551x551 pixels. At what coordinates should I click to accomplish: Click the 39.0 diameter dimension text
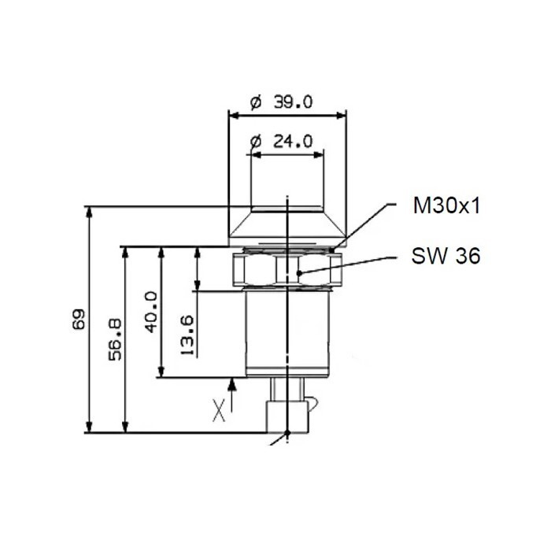point(281,102)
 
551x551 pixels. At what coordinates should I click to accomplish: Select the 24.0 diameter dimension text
point(281,142)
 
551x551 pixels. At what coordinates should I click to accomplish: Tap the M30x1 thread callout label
point(446,207)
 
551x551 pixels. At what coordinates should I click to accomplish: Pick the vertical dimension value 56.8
point(114,338)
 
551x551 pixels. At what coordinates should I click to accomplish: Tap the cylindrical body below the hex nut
point(287,331)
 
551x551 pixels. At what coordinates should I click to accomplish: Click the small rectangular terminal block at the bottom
point(287,415)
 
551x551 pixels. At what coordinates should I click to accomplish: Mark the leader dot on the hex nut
point(299,274)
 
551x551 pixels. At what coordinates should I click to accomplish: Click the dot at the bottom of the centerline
point(288,433)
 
